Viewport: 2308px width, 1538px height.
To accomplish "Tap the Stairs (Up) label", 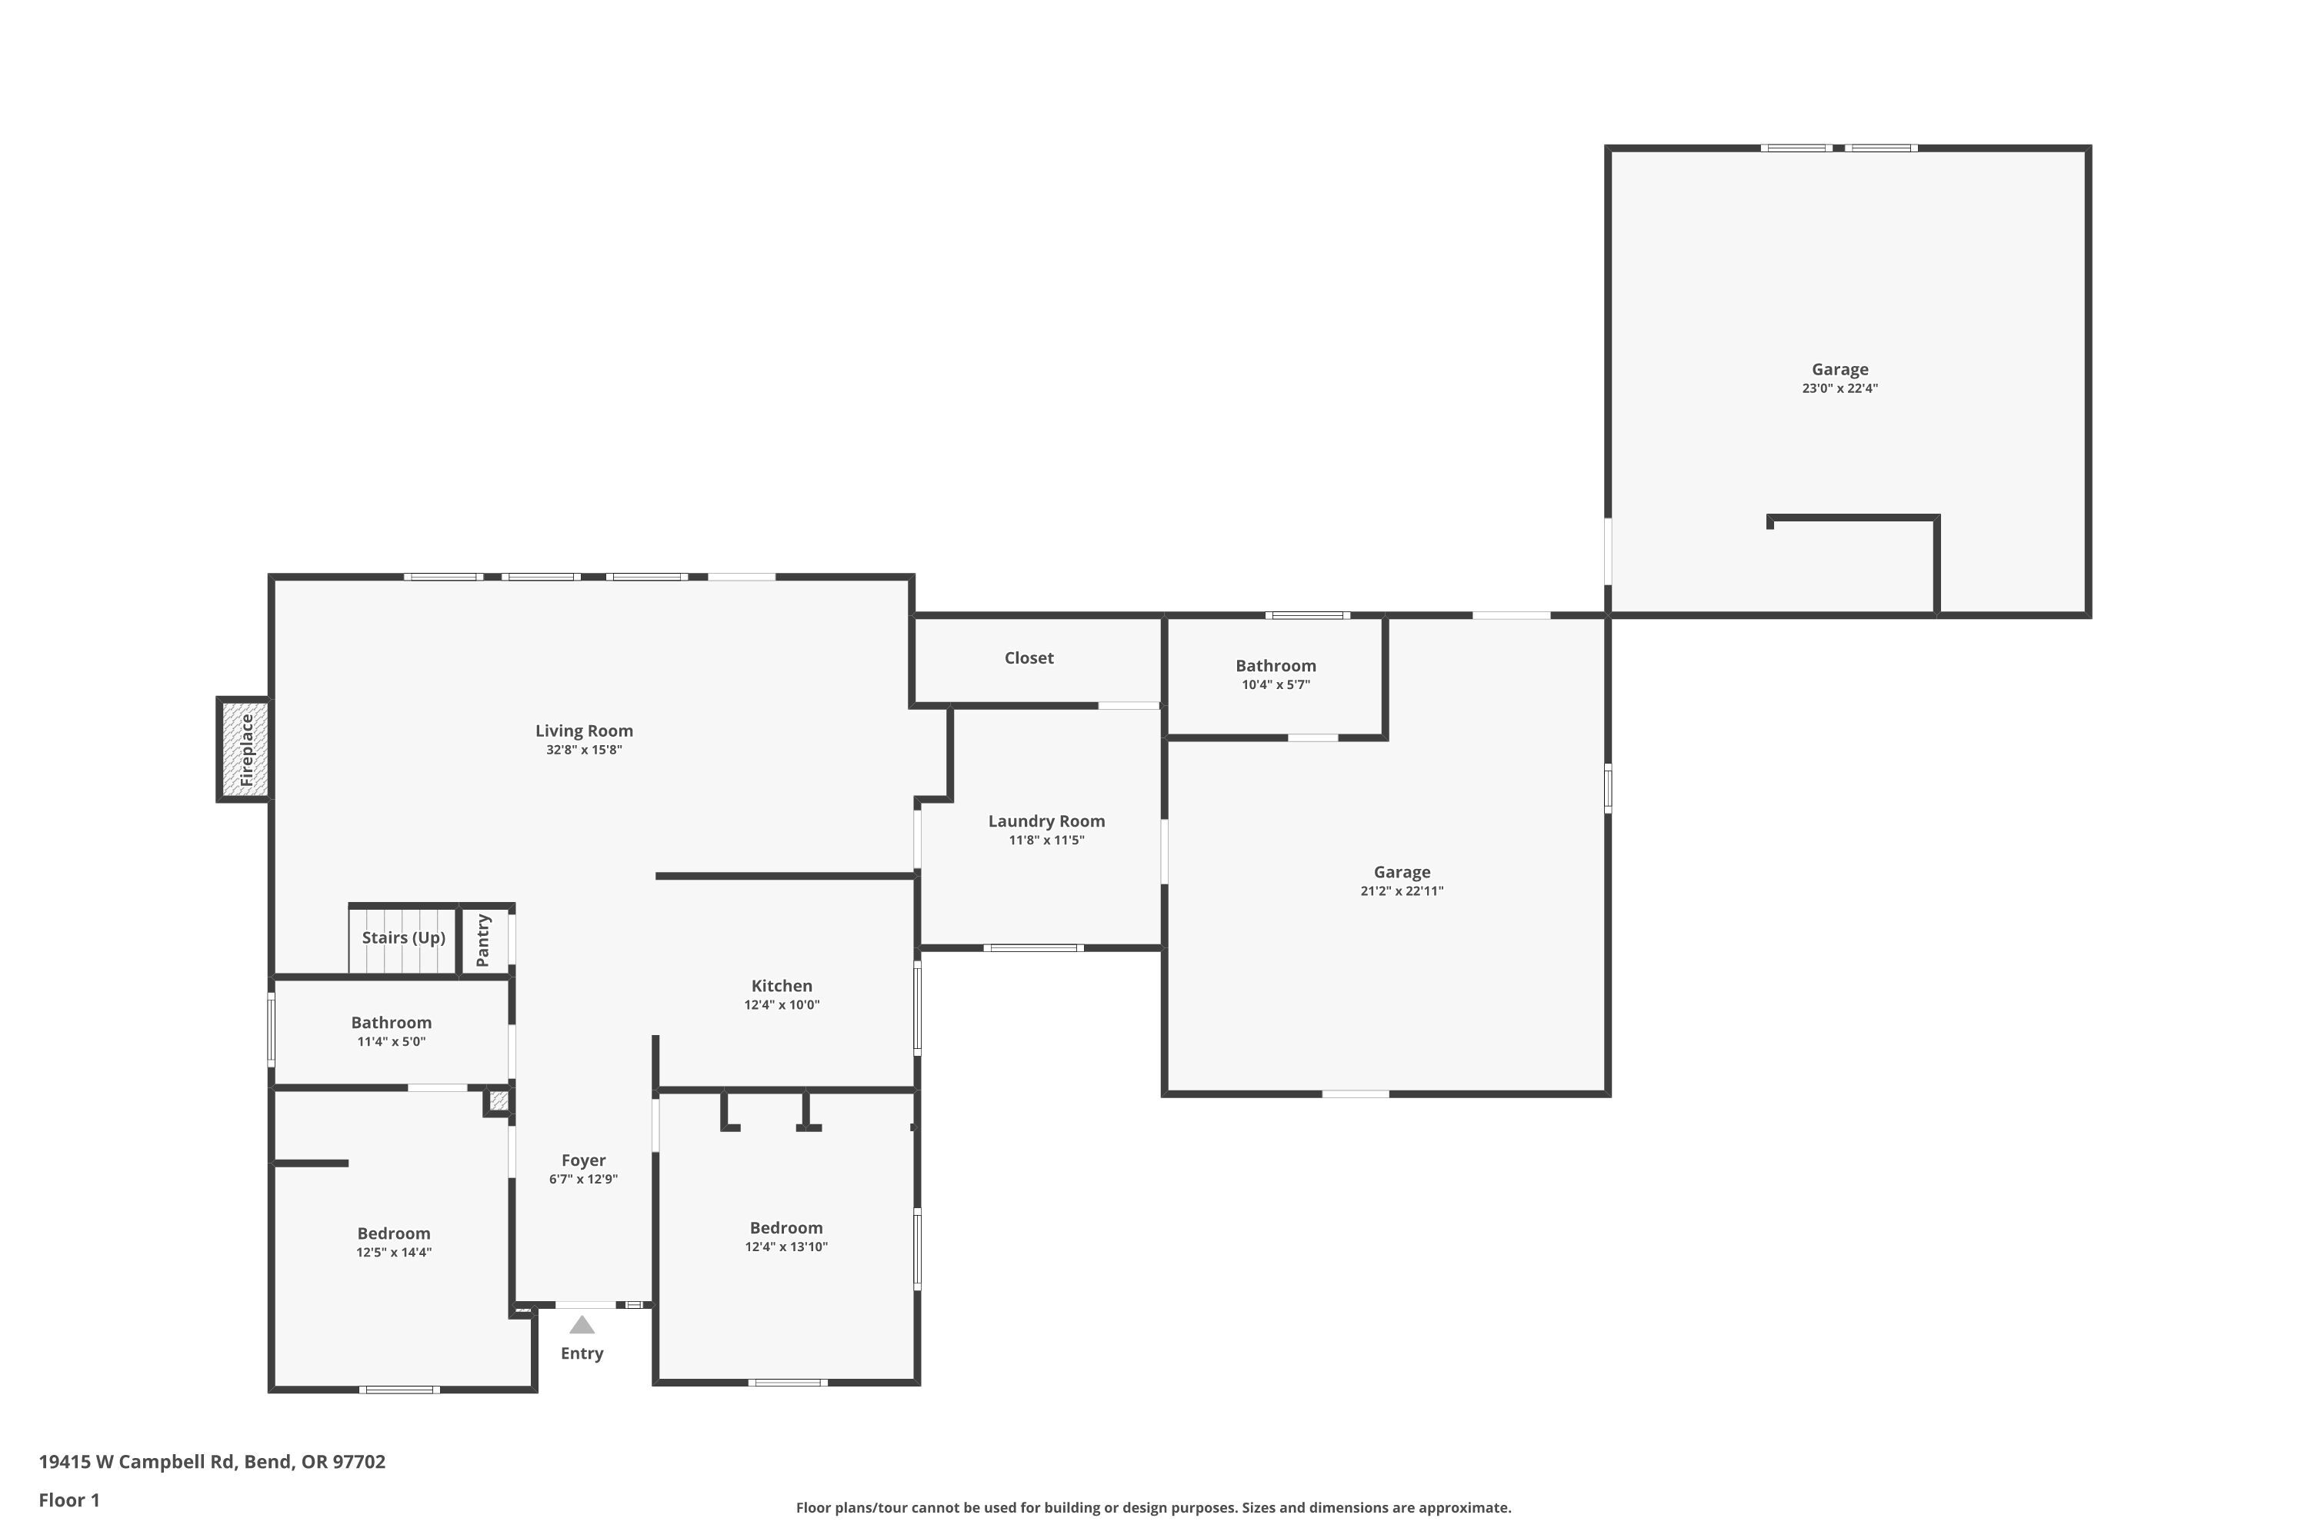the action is (403, 937).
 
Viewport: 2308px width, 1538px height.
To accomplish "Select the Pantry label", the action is (483, 940).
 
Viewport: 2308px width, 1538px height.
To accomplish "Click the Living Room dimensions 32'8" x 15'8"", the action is (584, 751).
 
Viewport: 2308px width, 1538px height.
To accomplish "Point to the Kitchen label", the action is (782, 986).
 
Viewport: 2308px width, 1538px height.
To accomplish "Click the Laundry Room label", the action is (1046, 821).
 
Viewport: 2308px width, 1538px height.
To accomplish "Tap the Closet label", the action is (1029, 658).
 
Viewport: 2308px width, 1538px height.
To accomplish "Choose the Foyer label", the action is (584, 1160).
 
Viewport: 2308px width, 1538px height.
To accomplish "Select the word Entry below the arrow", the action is (582, 1353).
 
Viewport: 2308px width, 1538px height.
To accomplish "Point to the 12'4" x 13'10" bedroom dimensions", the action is (786, 1247).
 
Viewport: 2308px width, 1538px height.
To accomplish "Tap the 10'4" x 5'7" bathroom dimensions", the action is (1276, 684).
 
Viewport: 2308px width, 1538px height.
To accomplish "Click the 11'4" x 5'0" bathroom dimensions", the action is (392, 1042).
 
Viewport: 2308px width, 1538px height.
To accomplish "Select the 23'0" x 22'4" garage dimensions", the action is (1840, 388).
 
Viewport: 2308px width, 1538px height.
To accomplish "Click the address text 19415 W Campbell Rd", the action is (138, 1462).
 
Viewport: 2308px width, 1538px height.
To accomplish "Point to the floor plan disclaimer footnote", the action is (1153, 1507).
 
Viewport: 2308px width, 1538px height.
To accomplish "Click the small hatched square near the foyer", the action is (499, 1100).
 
